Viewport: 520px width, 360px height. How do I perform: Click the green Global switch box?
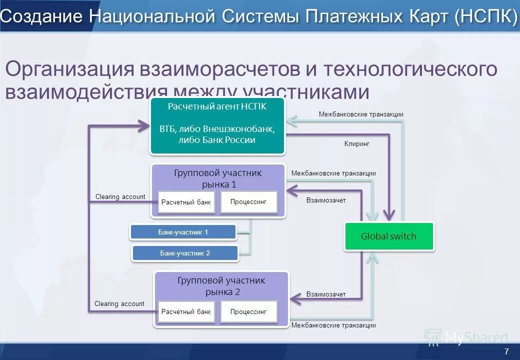pos(388,236)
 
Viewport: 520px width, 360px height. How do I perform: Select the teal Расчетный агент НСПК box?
pos(217,126)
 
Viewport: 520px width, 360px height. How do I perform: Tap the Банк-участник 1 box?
pos(183,232)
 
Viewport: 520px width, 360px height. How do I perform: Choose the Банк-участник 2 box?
pos(185,253)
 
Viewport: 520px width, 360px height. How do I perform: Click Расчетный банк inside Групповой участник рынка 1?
pos(186,202)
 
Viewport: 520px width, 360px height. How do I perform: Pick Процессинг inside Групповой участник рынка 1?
pos(248,202)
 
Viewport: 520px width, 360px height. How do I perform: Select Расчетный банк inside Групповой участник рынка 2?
pos(186,311)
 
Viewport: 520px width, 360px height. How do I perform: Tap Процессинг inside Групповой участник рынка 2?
pos(248,311)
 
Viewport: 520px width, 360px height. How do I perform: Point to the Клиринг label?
pos(356,143)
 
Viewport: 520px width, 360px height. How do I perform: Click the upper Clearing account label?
pos(120,196)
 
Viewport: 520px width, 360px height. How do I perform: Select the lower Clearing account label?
pos(119,303)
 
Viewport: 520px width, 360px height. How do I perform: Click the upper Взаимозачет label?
pos(325,200)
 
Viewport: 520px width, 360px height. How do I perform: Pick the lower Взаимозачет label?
pos(325,294)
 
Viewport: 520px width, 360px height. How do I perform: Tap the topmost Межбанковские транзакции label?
pos(360,114)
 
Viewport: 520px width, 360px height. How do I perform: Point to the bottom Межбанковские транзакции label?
pos(333,325)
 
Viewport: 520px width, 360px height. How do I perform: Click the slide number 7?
pos(506,351)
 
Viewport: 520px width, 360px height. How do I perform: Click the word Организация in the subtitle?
pos(69,69)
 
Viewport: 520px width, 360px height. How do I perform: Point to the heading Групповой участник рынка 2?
pos(221,286)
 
